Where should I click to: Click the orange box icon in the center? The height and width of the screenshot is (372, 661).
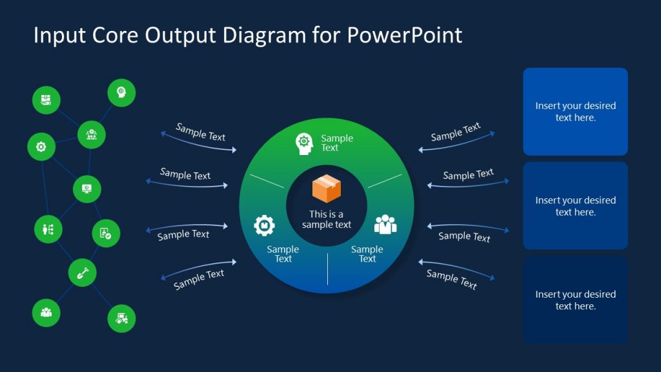click(x=327, y=189)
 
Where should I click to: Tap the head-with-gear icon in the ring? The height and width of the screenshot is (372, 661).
click(x=304, y=143)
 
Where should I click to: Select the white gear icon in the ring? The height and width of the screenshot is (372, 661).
click(x=264, y=225)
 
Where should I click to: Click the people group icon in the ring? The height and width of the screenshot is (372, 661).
click(x=385, y=224)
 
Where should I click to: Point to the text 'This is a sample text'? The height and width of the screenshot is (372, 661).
click(x=327, y=220)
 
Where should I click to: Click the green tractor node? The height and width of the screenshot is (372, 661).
click(x=121, y=318)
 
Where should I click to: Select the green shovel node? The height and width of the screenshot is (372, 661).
click(x=83, y=272)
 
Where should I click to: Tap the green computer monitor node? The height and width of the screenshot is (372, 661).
click(x=86, y=189)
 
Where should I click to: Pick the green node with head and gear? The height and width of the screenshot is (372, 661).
click(x=121, y=92)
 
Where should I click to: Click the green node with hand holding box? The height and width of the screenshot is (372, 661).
click(x=46, y=100)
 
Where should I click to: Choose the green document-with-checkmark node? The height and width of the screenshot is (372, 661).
click(x=106, y=233)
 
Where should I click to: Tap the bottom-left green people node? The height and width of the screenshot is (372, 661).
click(x=46, y=313)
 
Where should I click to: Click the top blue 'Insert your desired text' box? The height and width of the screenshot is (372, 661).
click(x=575, y=112)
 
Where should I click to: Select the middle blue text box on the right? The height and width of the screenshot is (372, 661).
click(x=575, y=205)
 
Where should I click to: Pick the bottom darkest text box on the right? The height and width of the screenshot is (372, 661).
click(x=575, y=300)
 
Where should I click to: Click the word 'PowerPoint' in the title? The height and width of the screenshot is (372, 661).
click(x=404, y=35)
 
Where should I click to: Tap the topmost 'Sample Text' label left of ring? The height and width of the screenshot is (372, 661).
click(x=200, y=132)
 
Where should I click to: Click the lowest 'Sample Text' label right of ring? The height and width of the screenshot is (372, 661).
click(x=452, y=279)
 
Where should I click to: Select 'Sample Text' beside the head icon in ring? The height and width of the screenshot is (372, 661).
click(x=337, y=143)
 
